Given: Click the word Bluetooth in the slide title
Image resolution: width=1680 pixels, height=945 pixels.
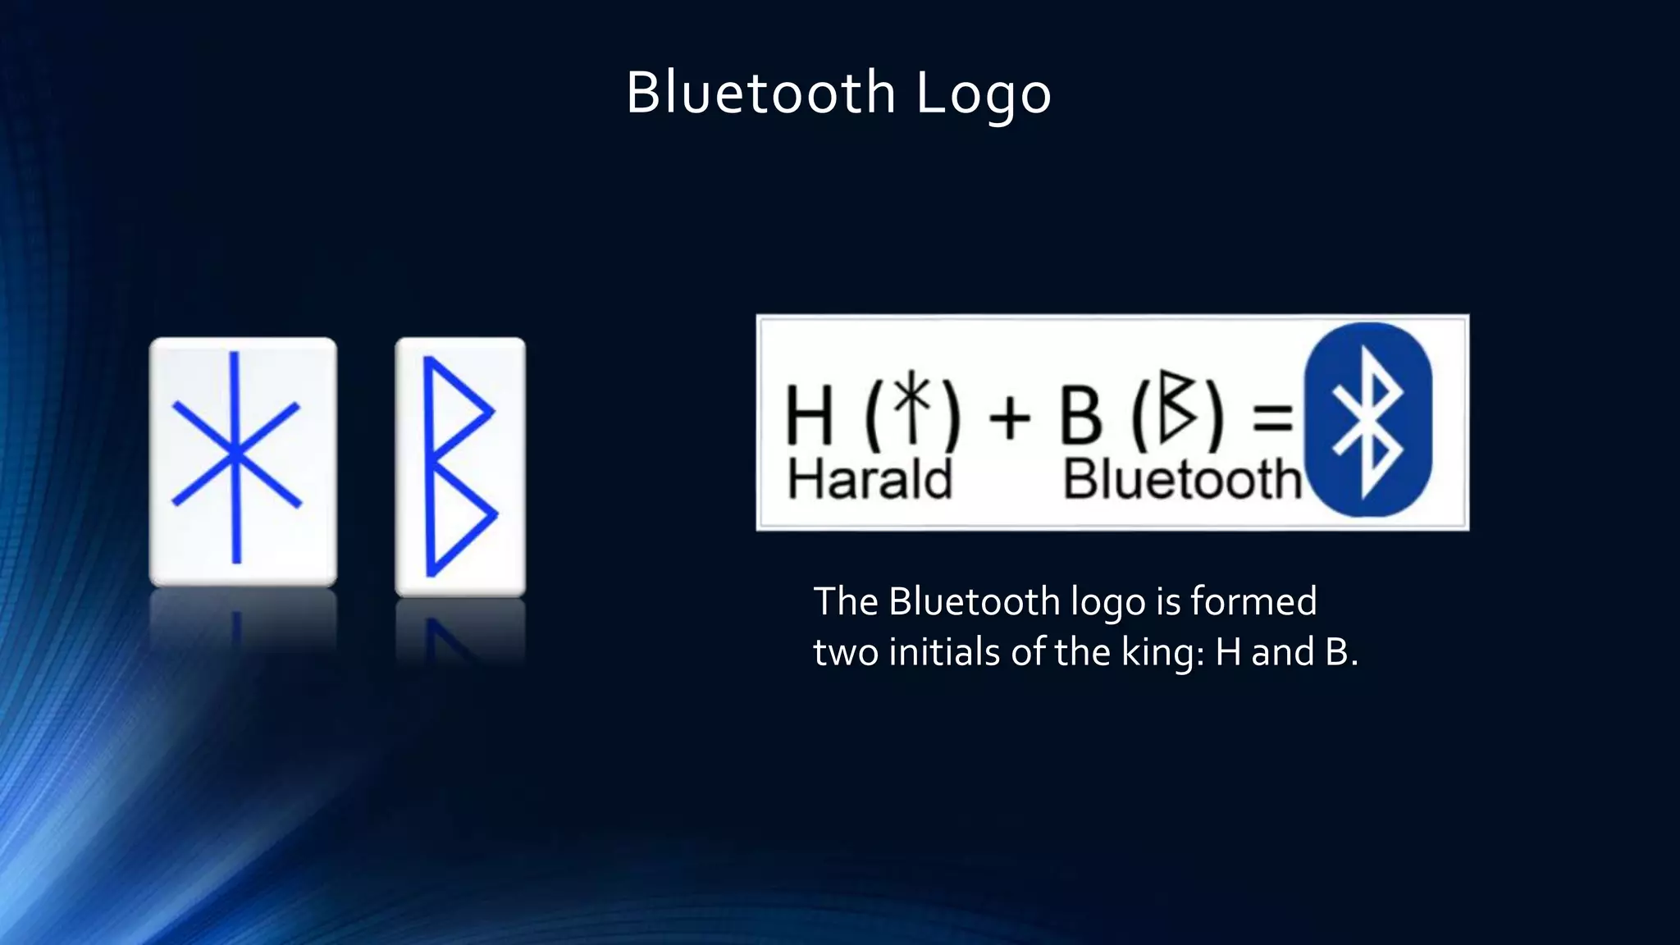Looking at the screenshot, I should (760, 92).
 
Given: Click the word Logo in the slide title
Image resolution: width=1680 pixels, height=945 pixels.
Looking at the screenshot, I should (983, 94).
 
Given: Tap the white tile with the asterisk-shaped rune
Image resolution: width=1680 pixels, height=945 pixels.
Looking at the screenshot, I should (243, 461).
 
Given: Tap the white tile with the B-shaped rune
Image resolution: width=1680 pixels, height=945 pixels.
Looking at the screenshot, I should (460, 466).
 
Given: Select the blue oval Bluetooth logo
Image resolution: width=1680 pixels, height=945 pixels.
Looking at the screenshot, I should (1367, 419).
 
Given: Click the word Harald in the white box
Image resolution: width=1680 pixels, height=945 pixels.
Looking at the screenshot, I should (870, 479).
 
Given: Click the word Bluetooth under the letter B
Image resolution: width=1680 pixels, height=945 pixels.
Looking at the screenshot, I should (1182, 479).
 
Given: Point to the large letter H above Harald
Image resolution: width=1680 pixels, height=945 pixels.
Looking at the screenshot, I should (809, 415).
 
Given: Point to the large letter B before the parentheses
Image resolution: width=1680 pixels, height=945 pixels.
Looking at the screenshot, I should (1080, 415).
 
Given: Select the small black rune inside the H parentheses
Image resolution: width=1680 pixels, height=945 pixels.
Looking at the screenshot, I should (912, 405).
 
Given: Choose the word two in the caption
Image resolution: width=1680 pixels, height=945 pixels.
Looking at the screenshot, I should (845, 653).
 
